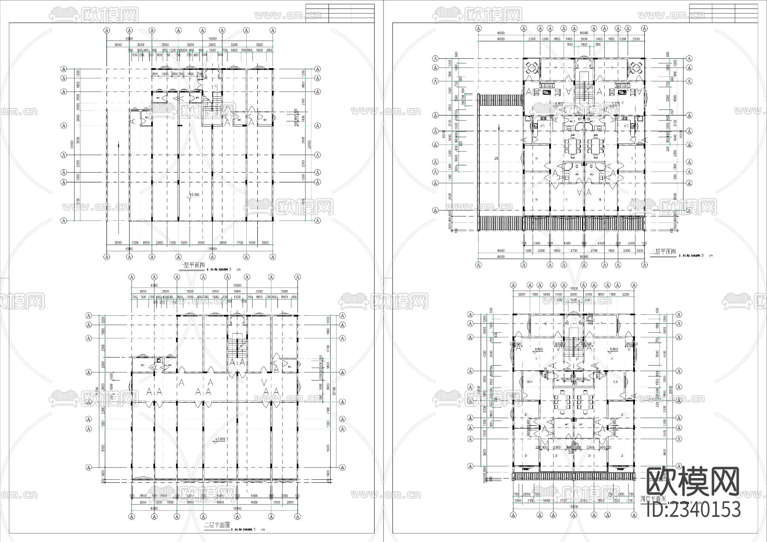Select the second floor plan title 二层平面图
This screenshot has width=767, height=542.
(217, 525)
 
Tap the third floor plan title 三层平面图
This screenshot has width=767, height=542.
(663, 252)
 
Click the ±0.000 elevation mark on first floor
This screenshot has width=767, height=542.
(194, 195)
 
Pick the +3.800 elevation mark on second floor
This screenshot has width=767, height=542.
(219, 439)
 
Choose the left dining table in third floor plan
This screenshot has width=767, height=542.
(572, 145)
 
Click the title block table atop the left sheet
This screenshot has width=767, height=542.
(340, 13)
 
